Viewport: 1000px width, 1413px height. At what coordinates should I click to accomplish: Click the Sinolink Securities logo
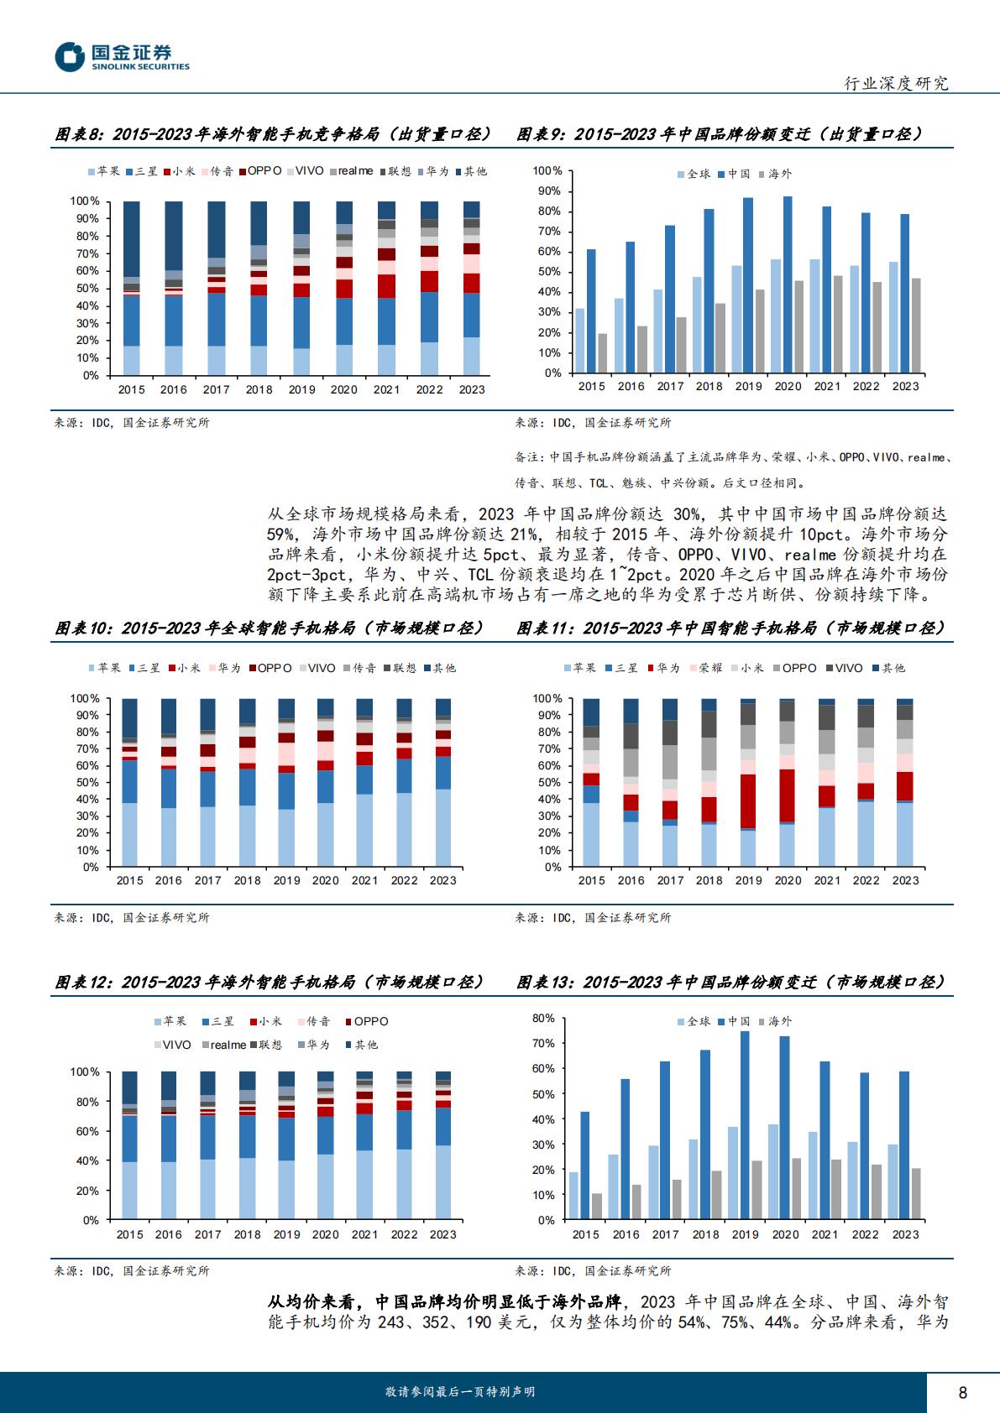[x=122, y=57]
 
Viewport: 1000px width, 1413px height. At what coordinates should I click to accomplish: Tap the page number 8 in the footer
[x=962, y=1392]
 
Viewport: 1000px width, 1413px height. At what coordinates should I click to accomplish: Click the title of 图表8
[x=273, y=134]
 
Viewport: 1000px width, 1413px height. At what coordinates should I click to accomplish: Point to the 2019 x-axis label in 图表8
[x=301, y=389]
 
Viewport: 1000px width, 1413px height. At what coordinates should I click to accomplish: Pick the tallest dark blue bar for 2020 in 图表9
[x=788, y=284]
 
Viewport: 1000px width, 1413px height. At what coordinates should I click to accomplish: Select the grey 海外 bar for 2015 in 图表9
[x=602, y=353]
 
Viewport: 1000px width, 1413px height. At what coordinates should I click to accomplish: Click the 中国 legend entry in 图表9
[x=734, y=174]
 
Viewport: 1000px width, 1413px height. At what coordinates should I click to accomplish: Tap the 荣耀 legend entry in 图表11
[x=706, y=668]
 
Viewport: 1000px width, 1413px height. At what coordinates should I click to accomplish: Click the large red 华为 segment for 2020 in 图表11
[x=788, y=795]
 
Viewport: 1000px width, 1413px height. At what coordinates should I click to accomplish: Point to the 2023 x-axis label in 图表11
[x=905, y=880]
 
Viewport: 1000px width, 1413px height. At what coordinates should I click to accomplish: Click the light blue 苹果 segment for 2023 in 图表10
[x=443, y=827]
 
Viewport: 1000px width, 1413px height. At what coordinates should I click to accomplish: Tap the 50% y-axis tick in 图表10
[x=87, y=782]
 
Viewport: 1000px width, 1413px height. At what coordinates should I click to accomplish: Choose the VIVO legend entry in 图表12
[x=172, y=1045]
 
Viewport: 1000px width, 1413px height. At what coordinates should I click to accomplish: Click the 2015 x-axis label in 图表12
[x=129, y=1234]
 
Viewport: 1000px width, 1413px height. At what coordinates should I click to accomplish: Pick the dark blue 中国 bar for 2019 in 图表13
[x=745, y=1124]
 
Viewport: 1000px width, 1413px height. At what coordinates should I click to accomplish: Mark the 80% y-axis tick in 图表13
[x=543, y=1018]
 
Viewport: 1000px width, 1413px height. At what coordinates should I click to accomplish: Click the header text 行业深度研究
[x=897, y=83]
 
